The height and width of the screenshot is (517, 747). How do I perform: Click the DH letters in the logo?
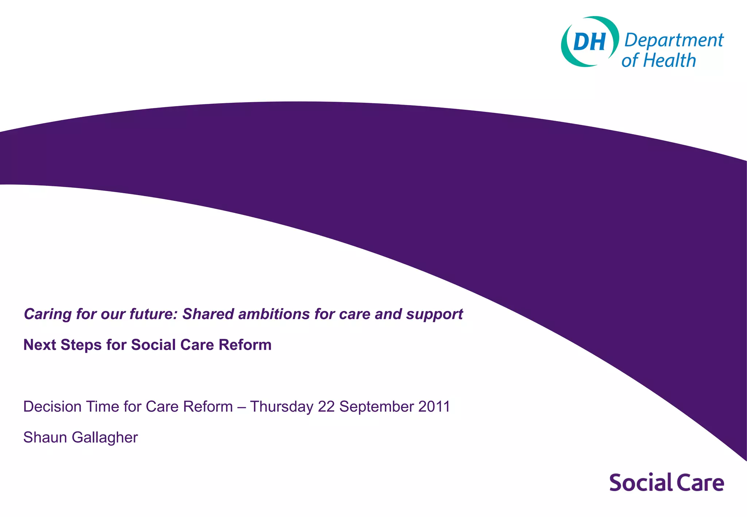tap(589, 42)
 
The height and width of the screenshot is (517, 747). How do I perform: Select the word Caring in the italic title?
tap(47, 314)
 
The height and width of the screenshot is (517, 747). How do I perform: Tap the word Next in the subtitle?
tap(39, 345)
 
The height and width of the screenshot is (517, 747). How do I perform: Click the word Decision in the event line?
tap(52, 407)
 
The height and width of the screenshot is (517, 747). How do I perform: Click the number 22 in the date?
tap(326, 407)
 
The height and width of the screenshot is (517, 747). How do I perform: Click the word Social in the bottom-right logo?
tap(641, 483)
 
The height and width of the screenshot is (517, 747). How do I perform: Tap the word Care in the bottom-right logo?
tap(701, 483)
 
